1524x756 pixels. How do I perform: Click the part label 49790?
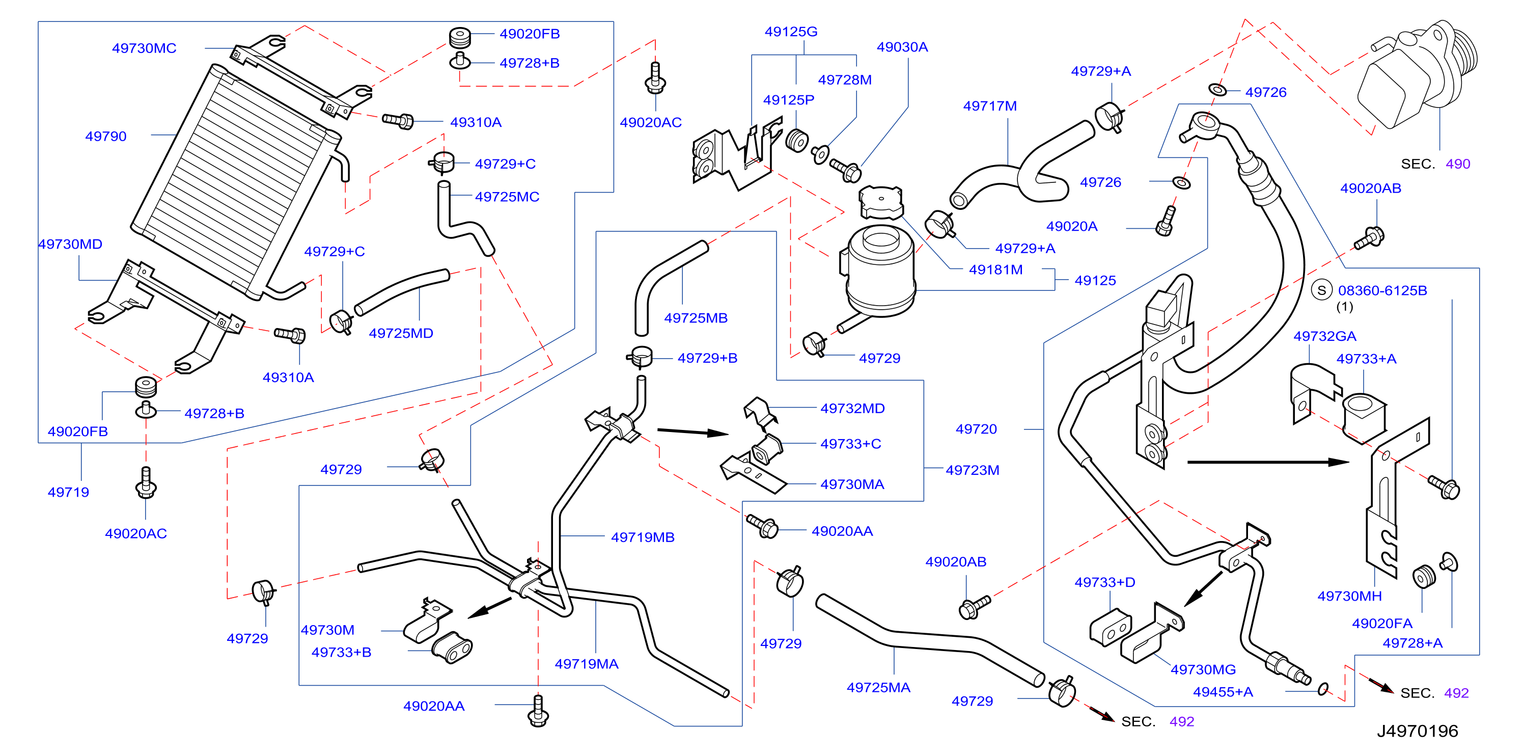(106, 136)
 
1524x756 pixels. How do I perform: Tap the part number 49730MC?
(144, 48)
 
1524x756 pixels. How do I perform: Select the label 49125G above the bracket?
(791, 32)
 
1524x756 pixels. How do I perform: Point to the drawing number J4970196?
(1418, 731)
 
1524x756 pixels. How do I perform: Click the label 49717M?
(990, 106)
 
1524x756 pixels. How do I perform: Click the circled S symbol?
(1322, 290)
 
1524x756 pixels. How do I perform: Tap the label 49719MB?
(643, 537)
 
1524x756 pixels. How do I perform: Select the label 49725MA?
(878, 687)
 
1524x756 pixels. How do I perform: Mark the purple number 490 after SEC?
(1458, 164)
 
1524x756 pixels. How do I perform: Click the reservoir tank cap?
(881, 202)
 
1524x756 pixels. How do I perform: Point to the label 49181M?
(995, 269)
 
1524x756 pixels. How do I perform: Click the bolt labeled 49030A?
(845, 170)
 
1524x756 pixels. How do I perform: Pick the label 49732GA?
(1324, 336)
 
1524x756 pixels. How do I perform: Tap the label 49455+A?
(1223, 691)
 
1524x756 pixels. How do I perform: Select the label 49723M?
(972, 470)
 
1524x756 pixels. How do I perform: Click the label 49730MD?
(70, 244)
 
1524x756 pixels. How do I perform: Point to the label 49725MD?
(401, 333)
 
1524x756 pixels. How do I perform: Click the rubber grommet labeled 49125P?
(797, 140)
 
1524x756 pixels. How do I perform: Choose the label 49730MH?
(1349, 596)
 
